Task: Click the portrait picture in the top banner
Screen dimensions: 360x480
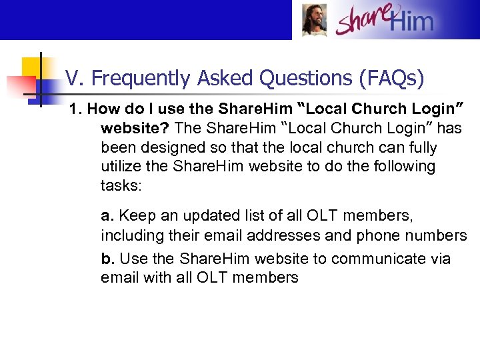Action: [x=315, y=20]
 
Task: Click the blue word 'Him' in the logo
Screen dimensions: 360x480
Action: [x=411, y=22]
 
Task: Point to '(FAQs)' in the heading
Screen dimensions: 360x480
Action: [x=391, y=79]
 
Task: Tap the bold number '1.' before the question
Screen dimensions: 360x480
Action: [x=76, y=109]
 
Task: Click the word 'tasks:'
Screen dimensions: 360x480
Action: [x=121, y=186]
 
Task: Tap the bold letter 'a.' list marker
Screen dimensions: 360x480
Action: [x=107, y=216]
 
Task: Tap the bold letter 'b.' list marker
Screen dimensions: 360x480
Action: [x=108, y=259]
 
